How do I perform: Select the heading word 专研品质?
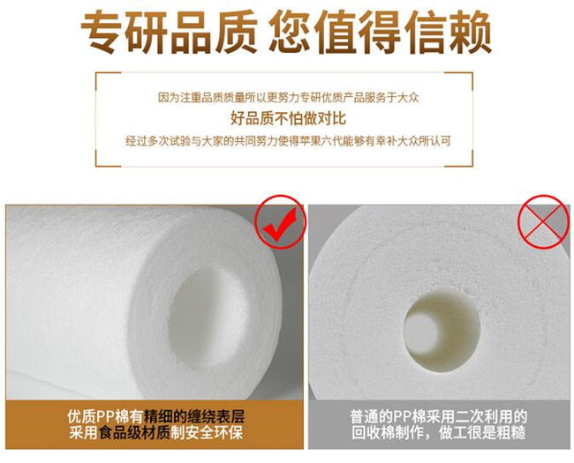(x=168, y=33)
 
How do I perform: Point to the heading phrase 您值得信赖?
(x=381, y=33)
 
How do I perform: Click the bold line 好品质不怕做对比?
(x=286, y=118)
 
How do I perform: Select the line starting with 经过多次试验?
(x=287, y=140)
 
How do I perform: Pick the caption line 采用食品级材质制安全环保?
(x=155, y=433)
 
